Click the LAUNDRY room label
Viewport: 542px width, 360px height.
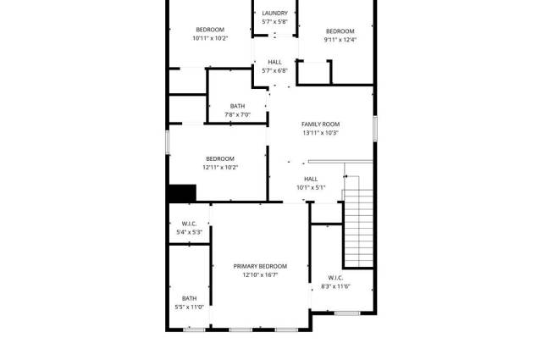[274, 14]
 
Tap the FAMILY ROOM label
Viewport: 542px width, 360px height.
[320, 125]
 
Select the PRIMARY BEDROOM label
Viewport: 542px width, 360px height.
[260, 266]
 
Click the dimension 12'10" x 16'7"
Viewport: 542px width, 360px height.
[260, 275]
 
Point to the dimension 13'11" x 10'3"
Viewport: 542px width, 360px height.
[320, 133]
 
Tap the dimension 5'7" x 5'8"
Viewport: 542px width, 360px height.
[274, 22]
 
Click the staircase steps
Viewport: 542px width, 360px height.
[359, 228]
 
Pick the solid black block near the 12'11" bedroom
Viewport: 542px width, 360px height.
[183, 193]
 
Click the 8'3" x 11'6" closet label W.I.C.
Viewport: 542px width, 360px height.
[335, 278]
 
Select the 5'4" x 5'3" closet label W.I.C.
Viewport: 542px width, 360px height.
[189, 224]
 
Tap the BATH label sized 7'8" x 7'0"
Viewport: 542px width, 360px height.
[237, 106]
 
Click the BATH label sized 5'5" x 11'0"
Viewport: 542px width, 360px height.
[190, 298]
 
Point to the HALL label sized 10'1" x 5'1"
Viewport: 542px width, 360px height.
[311, 179]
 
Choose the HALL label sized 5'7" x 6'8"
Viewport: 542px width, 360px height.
[274, 62]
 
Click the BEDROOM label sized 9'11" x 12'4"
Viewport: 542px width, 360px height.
[340, 31]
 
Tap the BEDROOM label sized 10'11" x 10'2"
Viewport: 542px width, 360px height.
[210, 30]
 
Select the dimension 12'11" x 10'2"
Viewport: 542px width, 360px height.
[220, 168]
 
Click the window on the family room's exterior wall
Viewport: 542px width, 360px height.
[374, 128]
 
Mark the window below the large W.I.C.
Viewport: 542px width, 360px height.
[347, 313]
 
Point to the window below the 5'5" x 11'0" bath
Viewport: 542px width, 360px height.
[194, 330]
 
